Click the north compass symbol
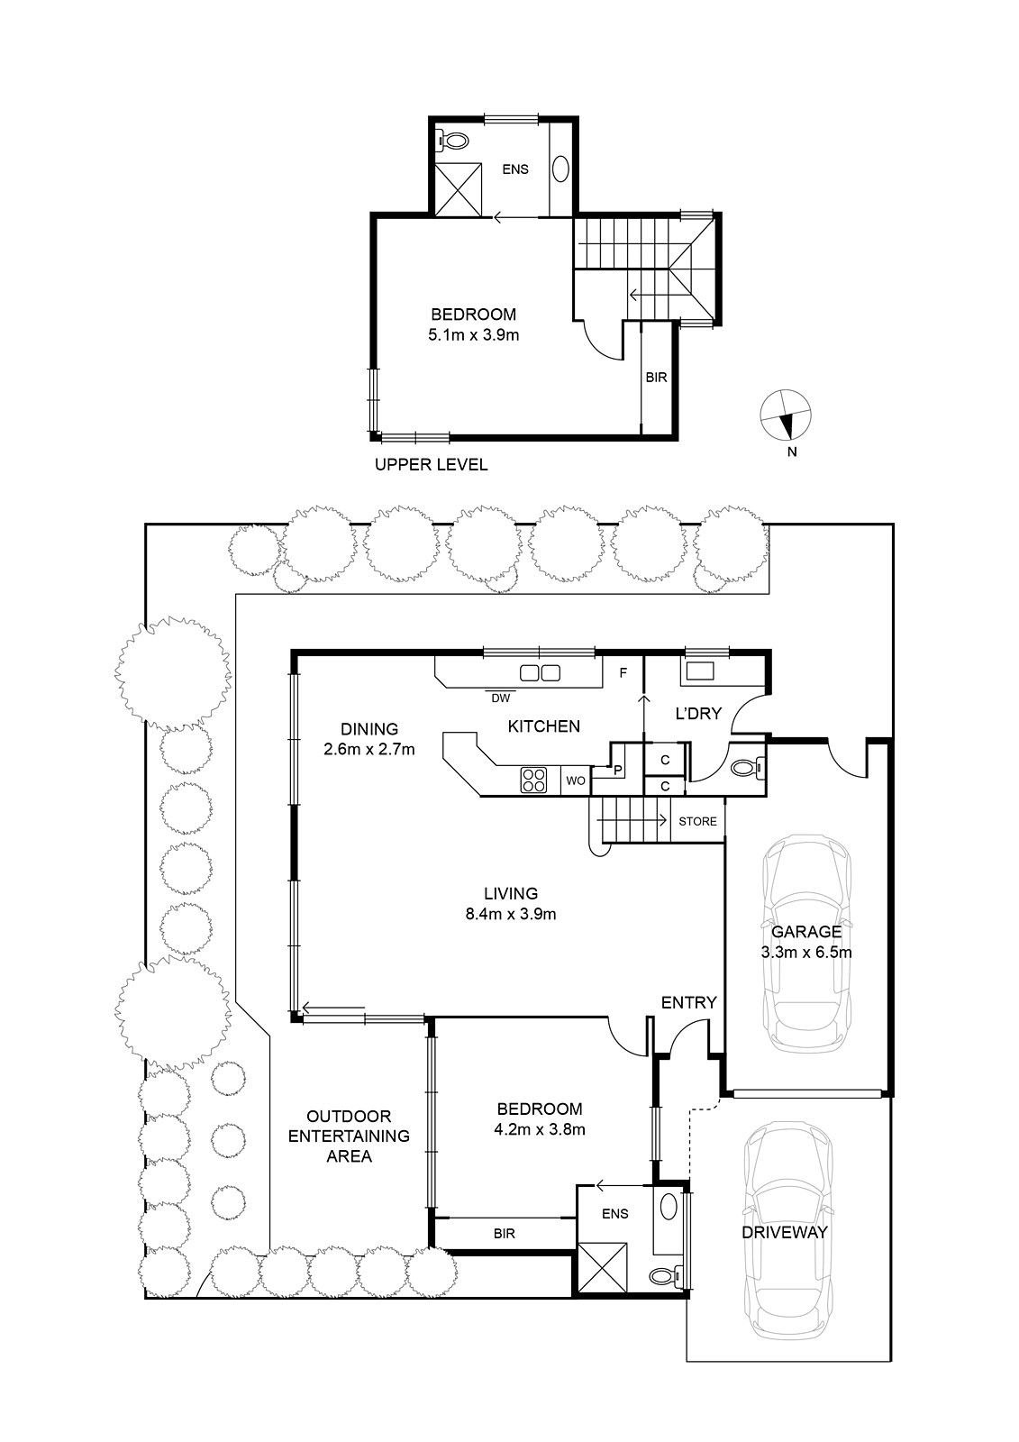[786, 415]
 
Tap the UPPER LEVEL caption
[431, 464]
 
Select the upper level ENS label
[515, 169]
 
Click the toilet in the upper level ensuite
[452, 140]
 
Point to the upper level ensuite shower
[459, 189]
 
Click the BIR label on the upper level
[656, 378]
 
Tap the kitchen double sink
[540, 673]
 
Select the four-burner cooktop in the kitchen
[533, 780]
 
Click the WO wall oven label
[576, 780]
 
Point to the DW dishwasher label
[500, 698]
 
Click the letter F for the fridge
[623, 673]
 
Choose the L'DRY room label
[698, 713]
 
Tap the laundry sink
[700, 671]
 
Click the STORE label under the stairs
[697, 821]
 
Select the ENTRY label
[688, 1002]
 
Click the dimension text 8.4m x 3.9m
[511, 914]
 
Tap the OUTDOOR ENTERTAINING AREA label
[349, 1136]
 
